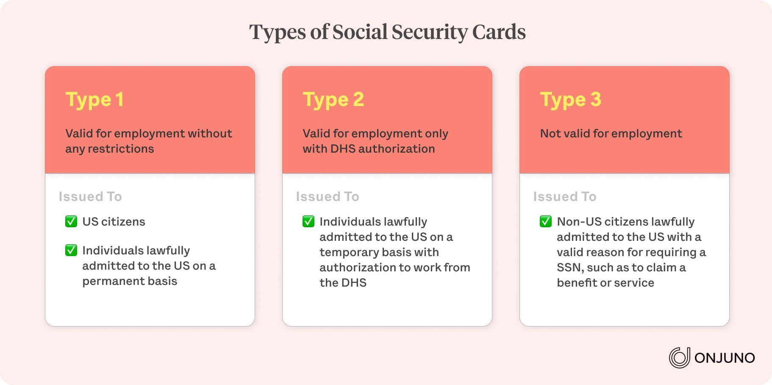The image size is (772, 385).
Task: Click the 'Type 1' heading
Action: coord(94,100)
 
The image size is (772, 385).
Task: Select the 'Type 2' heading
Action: coord(333,100)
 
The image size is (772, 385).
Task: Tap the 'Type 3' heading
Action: coord(571,100)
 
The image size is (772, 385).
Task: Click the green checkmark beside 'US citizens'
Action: coord(71,221)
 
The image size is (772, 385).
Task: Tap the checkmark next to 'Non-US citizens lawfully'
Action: coord(546,221)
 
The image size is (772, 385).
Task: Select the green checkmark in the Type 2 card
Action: coord(308,221)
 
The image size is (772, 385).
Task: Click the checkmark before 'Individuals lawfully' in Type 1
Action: coord(71,250)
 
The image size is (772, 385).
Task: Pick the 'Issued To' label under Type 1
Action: coord(90,196)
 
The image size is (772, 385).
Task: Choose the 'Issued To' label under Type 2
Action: coord(328,196)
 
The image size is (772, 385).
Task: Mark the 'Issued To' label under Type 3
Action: coord(565,196)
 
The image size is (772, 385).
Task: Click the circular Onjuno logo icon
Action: coord(679,357)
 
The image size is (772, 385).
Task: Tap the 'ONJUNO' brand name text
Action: coord(725,358)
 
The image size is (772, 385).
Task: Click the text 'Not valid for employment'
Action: coord(611,134)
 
